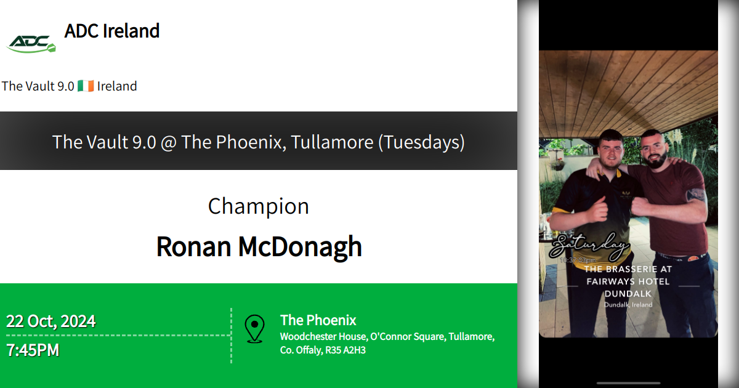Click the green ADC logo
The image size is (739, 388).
pyautogui.click(x=31, y=42)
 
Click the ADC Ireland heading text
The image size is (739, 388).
pyautogui.click(x=111, y=31)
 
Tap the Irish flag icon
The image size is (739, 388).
pyautogui.click(x=86, y=86)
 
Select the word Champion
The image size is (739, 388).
pyautogui.click(x=258, y=206)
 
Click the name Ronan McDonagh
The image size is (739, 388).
pyautogui.click(x=259, y=246)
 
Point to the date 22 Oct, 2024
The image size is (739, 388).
pyautogui.click(x=51, y=321)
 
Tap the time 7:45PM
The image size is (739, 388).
pyautogui.click(x=33, y=350)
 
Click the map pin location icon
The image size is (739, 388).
pyautogui.click(x=254, y=328)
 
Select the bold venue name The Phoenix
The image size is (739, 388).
pyautogui.click(x=318, y=320)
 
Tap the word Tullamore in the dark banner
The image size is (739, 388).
pyautogui.click(x=332, y=142)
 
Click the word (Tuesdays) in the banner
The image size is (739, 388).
pyautogui.click(x=421, y=142)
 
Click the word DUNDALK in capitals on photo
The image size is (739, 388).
pyautogui.click(x=628, y=294)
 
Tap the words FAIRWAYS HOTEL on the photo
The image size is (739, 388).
pyautogui.click(x=628, y=281)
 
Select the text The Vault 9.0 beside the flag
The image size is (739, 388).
pyautogui.click(x=38, y=86)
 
